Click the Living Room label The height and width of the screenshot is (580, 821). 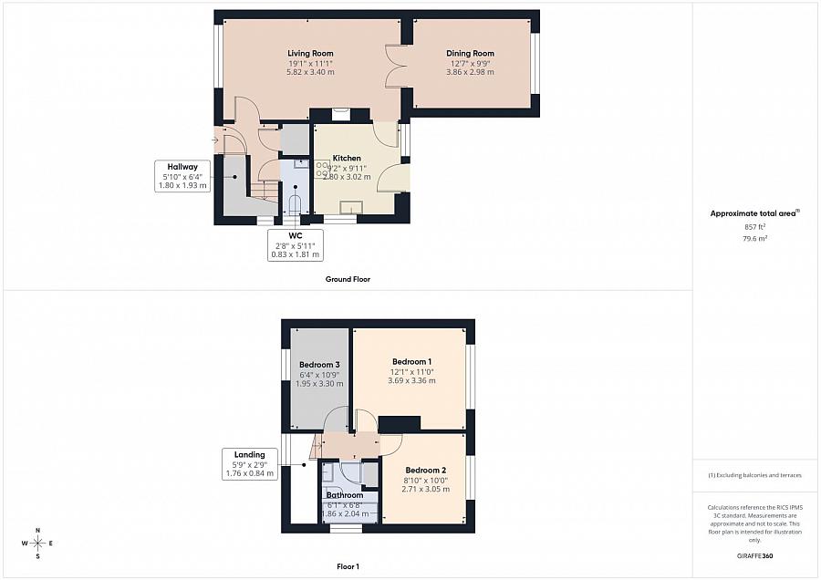[x=310, y=54]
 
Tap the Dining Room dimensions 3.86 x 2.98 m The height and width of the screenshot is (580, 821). [x=470, y=72]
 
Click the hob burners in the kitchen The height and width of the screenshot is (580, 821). [x=323, y=169]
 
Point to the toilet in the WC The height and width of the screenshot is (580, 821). [x=294, y=202]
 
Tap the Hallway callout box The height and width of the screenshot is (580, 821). [x=183, y=176]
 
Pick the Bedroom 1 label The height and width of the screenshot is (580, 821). [x=411, y=362]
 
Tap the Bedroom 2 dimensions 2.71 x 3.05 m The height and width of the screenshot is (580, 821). [x=426, y=490]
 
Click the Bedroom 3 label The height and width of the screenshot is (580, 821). [x=319, y=365]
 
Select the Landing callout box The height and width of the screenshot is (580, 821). [x=249, y=463]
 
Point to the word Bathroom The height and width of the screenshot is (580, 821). [x=345, y=495]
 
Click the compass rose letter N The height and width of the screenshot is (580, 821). [x=37, y=530]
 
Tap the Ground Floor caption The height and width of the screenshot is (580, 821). [x=348, y=279]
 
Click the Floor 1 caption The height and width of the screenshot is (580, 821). [x=348, y=566]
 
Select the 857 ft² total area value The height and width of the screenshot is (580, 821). [x=754, y=226]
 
